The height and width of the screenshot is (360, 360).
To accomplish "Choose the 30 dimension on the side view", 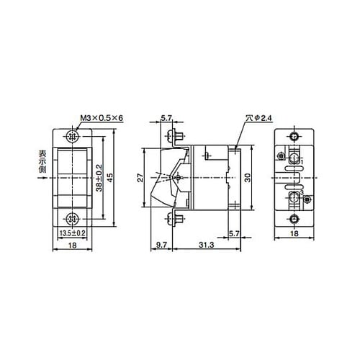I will coord(247,177).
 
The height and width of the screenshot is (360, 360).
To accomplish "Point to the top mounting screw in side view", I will coord(174,136).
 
